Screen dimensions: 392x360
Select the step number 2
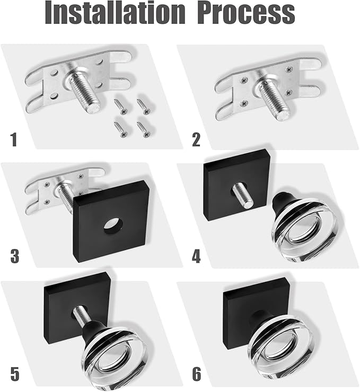pos(196,140)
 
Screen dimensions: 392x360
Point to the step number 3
pos(14,257)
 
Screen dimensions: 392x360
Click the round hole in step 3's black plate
pos(111,225)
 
